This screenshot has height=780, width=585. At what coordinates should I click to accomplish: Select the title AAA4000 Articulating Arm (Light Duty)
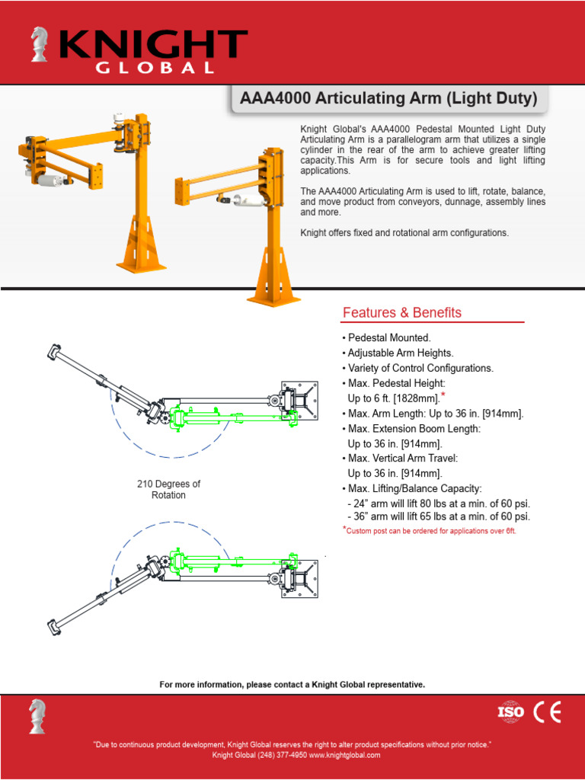(388, 98)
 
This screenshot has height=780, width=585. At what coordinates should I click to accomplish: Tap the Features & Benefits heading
(401, 312)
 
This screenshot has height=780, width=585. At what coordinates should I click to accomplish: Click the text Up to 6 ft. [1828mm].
(393, 398)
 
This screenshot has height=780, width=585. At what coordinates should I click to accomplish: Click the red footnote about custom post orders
(430, 531)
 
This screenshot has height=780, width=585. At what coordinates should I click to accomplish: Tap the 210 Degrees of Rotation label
(168, 489)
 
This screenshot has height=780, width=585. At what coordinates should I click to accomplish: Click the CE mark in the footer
(547, 711)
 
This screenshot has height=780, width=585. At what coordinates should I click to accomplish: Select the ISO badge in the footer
(511, 711)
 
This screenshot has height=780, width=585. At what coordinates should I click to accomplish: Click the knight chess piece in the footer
(37, 715)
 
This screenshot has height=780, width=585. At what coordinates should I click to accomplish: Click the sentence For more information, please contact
(292, 685)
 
